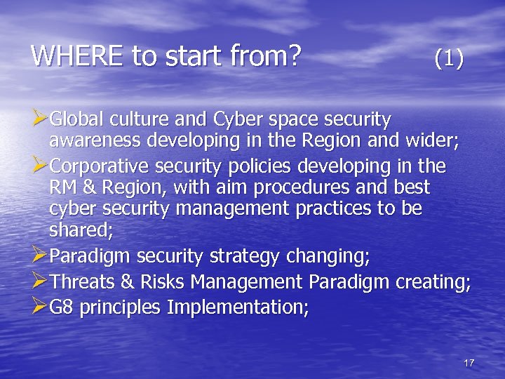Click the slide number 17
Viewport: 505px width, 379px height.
(x=469, y=363)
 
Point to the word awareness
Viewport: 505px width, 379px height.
(x=95, y=142)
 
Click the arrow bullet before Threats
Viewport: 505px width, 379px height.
(x=40, y=282)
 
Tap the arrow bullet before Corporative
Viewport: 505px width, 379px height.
(x=40, y=166)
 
